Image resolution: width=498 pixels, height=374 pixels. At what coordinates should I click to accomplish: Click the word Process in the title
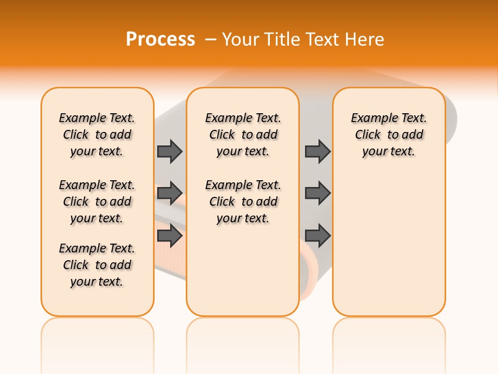(x=160, y=39)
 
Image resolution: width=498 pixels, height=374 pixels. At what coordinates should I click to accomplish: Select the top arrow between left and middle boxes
(x=170, y=151)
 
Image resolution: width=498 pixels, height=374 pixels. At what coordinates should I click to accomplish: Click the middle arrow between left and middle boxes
(x=170, y=193)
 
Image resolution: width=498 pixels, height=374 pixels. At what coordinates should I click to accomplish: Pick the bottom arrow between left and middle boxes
(x=170, y=236)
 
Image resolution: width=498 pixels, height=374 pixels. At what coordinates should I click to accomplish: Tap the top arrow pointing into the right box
(x=317, y=151)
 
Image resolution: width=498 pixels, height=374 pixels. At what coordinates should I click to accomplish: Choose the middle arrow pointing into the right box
(x=317, y=193)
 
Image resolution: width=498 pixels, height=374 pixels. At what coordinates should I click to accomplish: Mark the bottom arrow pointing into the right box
(x=317, y=236)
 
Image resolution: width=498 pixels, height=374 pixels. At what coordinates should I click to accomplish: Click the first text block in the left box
(x=97, y=135)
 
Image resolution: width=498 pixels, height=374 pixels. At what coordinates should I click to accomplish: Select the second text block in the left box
(x=97, y=202)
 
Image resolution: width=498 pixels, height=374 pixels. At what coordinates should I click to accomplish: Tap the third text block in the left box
(x=97, y=265)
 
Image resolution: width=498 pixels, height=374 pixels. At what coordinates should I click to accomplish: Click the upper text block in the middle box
(x=243, y=135)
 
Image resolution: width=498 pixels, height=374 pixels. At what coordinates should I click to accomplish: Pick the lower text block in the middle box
(x=243, y=202)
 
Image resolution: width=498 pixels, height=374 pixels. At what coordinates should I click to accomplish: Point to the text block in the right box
(x=389, y=135)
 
